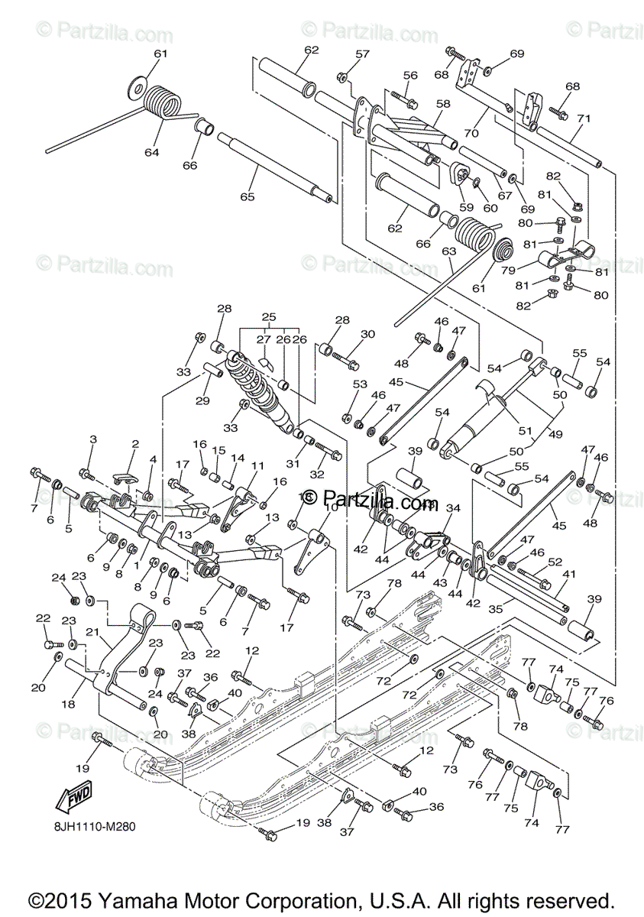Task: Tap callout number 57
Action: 361,54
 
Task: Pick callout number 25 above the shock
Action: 267,316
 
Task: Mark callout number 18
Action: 68,705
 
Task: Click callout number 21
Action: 92,632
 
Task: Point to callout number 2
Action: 135,444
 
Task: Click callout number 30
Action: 367,334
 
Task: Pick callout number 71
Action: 584,118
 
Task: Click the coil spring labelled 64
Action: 162,101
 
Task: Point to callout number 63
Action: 449,251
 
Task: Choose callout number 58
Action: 443,102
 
